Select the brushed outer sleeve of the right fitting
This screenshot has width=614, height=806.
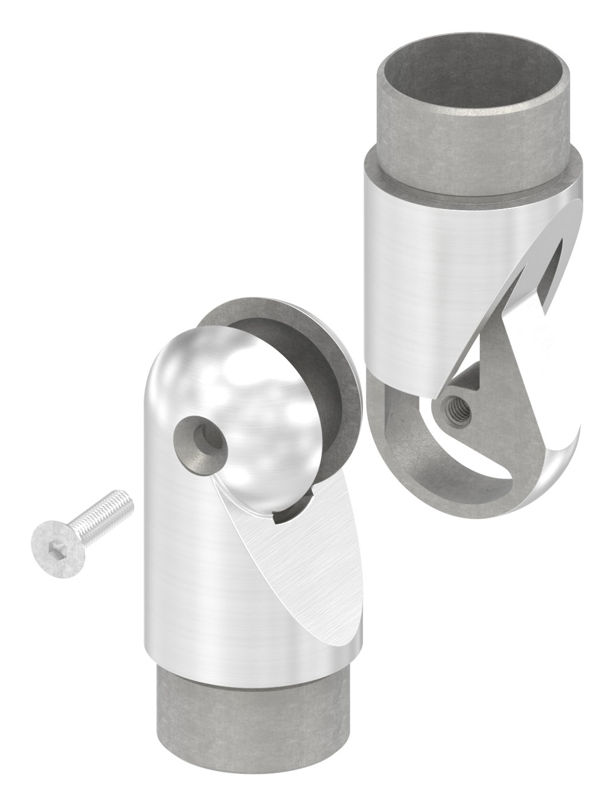(423, 272)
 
